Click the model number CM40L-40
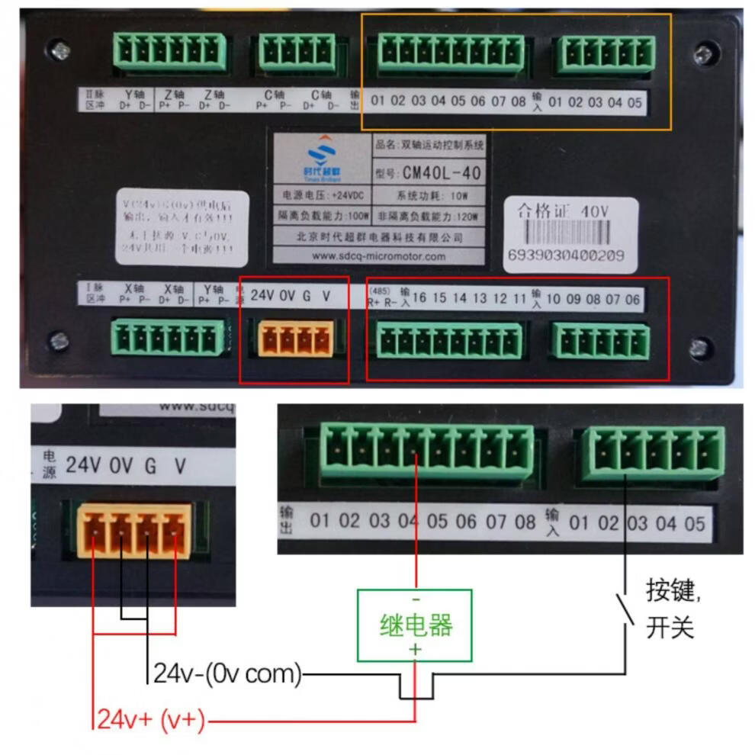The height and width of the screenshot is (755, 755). (442, 173)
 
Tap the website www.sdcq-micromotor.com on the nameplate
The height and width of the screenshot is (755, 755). (380, 256)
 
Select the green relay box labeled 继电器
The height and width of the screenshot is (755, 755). (415, 625)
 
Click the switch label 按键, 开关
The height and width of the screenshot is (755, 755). (671, 610)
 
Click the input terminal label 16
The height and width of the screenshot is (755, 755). (419, 298)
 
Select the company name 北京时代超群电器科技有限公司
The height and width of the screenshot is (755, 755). (380, 237)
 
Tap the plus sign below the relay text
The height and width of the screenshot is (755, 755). (416, 649)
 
